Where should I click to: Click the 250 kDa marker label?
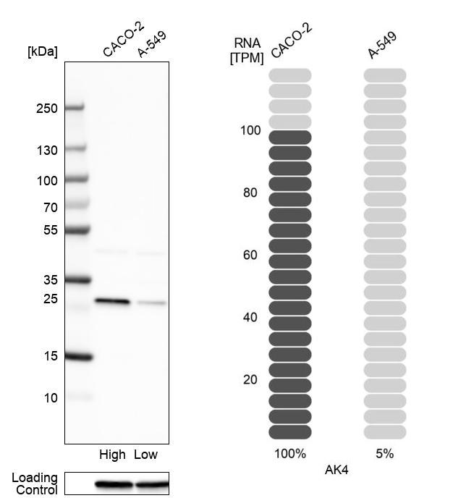coord(47,109)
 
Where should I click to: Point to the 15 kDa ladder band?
coord(78,356)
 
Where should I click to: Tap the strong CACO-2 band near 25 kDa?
coord(112,301)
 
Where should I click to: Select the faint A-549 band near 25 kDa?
coord(151,303)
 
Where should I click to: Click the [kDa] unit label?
coord(42,51)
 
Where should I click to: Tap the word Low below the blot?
coord(145,455)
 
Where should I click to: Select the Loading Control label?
coord(34,484)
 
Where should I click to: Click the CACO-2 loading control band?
coord(114,484)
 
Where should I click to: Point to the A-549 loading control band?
coord(151,484)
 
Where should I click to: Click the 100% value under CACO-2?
coord(289,454)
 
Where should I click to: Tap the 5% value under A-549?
coord(384,454)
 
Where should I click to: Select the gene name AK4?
coord(336,470)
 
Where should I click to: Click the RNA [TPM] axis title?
coord(247,51)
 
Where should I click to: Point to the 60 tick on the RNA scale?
coord(250,255)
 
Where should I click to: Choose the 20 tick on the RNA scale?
coord(250,379)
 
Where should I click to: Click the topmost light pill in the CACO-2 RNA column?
coord(290,75)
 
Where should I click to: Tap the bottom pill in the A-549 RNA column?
coord(384,432)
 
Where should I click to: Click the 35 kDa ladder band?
coord(78,279)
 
